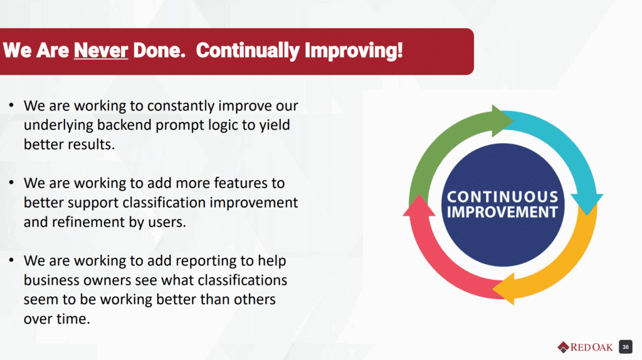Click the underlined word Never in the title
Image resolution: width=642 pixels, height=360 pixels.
[x=101, y=51]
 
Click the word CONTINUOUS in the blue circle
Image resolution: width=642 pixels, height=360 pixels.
[x=502, y=197]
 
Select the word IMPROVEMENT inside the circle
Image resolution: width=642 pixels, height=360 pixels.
[x=502, y=212]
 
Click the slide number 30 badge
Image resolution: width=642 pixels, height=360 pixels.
[x=625, y=347]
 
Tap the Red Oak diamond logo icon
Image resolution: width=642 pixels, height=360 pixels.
[x=564, y=347]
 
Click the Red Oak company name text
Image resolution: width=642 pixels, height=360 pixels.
[x=592, y=347]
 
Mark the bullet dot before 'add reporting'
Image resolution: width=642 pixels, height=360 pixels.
[x=11, y=260]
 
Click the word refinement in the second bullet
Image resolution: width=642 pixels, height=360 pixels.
[x=95, y=222]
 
